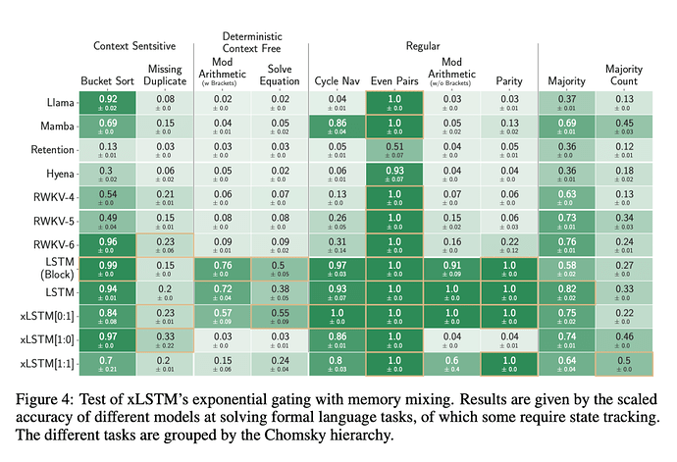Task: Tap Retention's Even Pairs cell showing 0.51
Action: tap(394, 150)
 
